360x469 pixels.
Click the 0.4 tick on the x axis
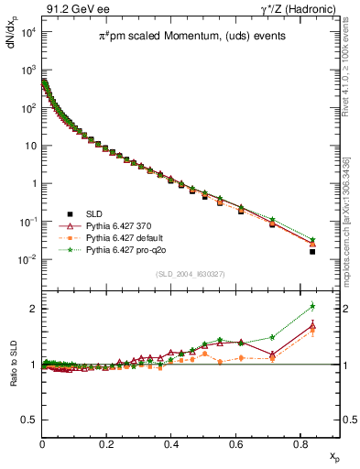(171, 442)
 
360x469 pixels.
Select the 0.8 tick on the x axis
(300, 442)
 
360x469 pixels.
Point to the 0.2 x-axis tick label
(107, 442)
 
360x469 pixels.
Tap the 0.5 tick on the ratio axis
(27, 420)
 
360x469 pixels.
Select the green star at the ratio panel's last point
(312, 306)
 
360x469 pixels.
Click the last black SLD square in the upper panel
(312, 251)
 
